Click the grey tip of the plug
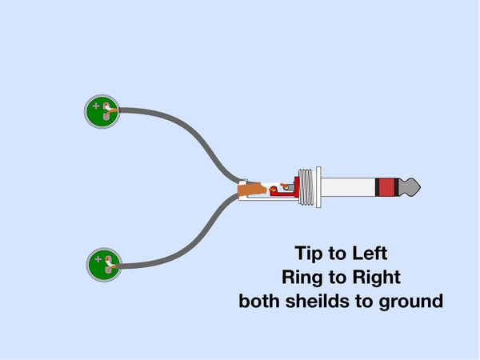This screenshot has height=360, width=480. pos(410,187)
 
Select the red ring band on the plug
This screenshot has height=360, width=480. pos(386,187)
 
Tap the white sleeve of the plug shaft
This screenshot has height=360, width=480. pos(348,187)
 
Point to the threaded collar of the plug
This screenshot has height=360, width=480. pos(306,187)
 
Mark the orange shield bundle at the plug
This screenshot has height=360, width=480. pos(251,189)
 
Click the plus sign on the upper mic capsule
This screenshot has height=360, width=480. pos(96,106)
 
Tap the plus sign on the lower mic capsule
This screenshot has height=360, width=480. pos(98,259)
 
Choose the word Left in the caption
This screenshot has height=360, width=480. pos(370,253)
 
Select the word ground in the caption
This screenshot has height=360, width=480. pos(411,302)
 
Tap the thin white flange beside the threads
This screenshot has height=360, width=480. pos(318,187)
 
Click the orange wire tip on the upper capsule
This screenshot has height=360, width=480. pos(106,105)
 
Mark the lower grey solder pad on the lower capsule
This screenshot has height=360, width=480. pos(108,270)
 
